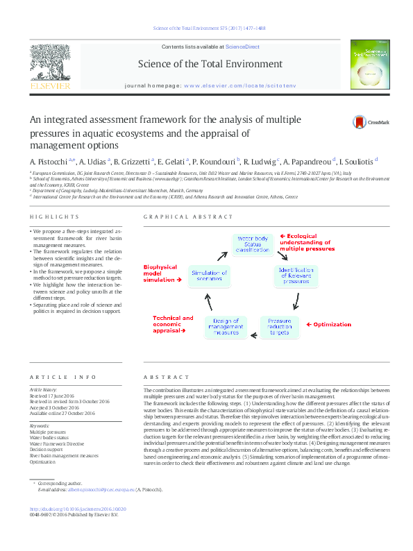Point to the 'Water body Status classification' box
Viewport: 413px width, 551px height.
click(252, 244)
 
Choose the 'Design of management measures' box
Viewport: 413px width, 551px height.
click(226, 327)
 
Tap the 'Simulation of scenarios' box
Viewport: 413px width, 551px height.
click(210, 275)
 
